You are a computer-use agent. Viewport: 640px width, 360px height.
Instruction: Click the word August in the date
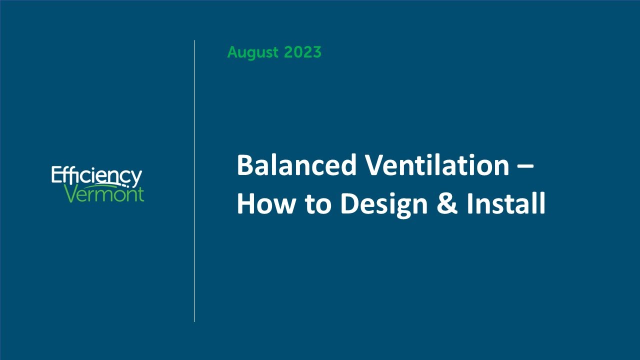click(x=253, y=52)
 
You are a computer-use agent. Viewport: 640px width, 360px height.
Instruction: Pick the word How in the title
click(x=263, y=204)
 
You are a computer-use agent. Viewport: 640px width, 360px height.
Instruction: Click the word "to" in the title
click(x=316, y=205)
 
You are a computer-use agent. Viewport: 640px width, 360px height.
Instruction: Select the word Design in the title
click(x=384, y=205)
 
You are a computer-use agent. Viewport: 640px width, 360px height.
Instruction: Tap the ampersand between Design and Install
click(x=447, y=204)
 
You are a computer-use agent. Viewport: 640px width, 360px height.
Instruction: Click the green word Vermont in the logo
click(x=104, y=194)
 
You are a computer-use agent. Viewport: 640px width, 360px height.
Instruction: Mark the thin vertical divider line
click(x=194, y=180)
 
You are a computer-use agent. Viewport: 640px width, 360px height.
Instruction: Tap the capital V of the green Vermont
click(x=71, y=194)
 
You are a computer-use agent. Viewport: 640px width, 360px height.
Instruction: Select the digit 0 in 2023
click(x=296, y=52)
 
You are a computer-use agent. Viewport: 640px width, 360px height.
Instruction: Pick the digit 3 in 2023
click(x=316, y=52)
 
